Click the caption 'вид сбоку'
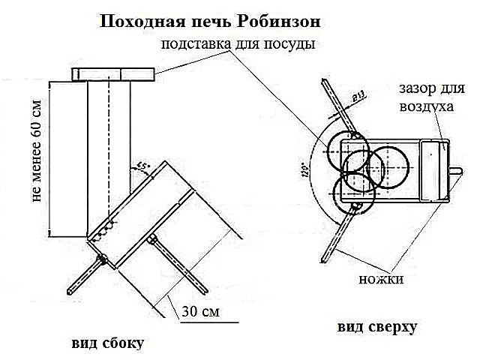[x=107, y=343]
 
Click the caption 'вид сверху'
[x=376, y=328]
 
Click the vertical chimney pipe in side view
[x=109, y=142]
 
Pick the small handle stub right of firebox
[x=454, y=169]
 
